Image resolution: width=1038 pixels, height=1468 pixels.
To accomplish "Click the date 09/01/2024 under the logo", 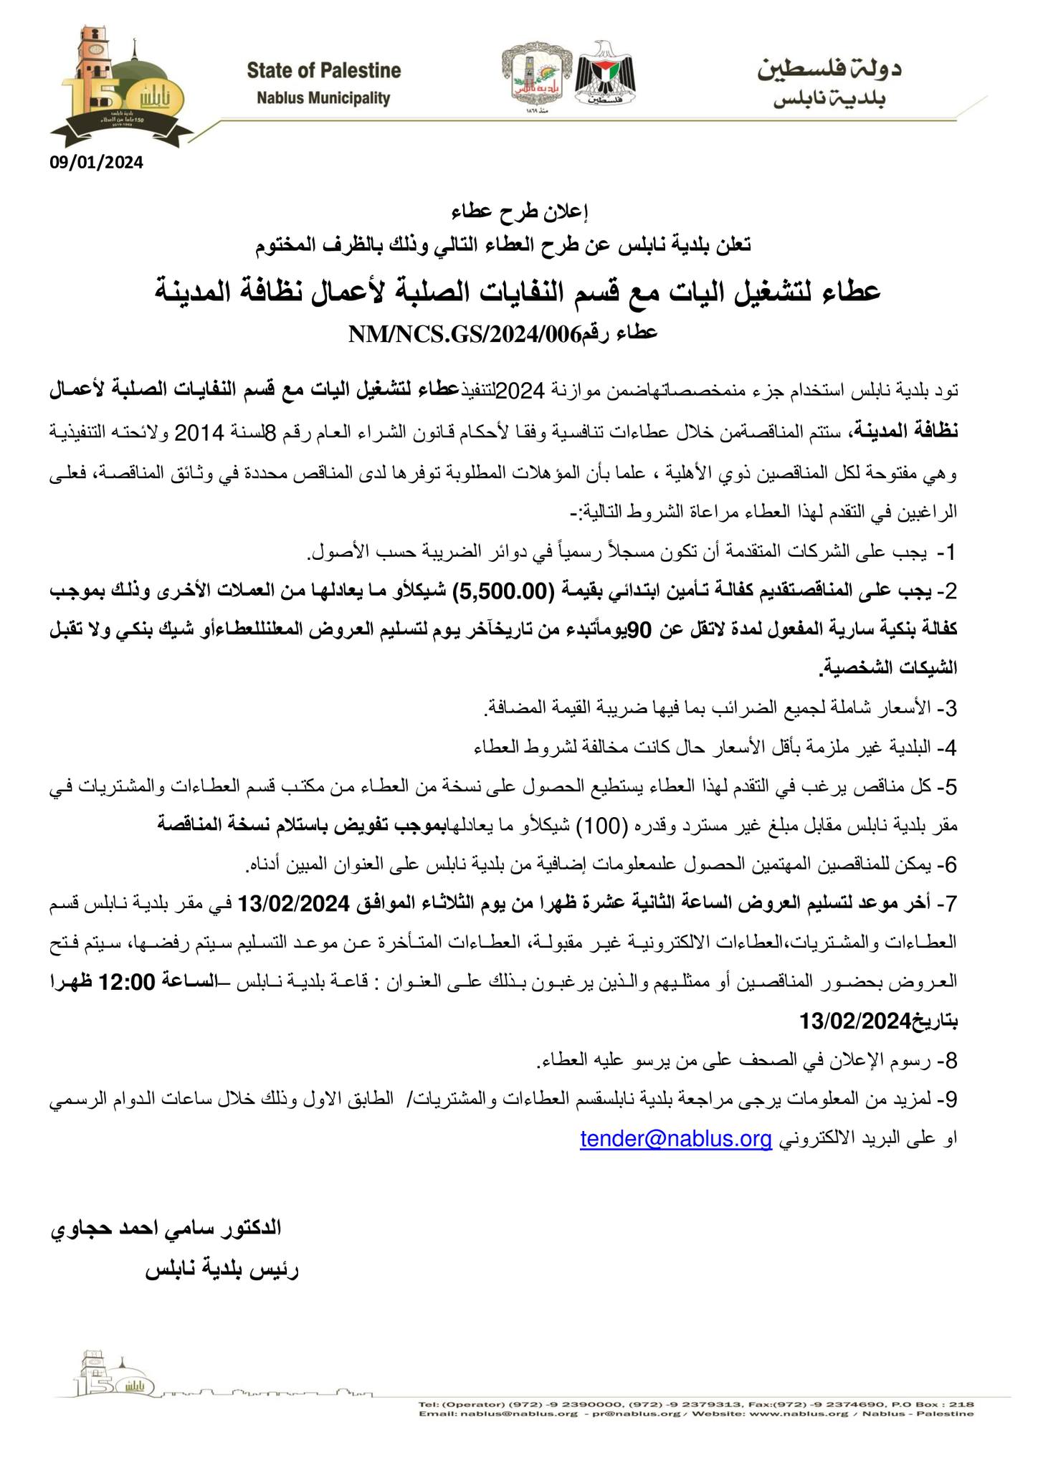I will pyautogui.click(x=96, y=163).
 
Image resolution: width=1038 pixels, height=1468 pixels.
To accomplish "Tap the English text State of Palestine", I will pyautogui.click(x=323, y=71).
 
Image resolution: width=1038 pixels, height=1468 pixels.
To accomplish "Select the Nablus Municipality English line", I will pyautogui.click(x=323, y=98).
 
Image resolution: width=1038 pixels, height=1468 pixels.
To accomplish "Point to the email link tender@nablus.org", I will pyautogui.click(x=676, y=1139).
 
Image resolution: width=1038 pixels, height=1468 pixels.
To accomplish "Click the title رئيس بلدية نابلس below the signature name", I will pyautogui.click(x=223, y=1271).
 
